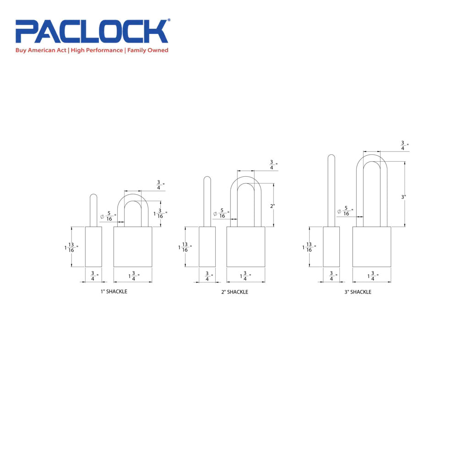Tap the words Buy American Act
[x=41, y=50]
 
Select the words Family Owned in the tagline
[x=147, y=50]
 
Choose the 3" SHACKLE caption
[x=358, y=292]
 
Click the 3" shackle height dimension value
[x=403, y=197]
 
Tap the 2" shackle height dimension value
[x=272, y=206]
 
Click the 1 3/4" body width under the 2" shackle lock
[x=245, y=277]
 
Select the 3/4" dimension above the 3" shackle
[x=403, y=146]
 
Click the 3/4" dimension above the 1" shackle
[x=159, y=186]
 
